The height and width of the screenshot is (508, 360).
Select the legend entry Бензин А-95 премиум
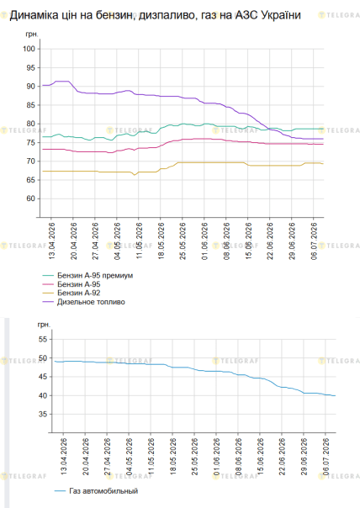[95, 276]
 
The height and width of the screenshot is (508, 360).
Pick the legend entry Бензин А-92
[79, 294]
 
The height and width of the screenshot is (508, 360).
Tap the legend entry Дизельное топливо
[91, 302]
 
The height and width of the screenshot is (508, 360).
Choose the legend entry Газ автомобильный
[103, 491]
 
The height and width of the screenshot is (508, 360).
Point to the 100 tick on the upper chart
[29, 49]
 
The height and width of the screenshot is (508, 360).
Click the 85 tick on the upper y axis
[31, 105]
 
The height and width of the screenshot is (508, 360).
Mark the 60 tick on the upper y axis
[31, 198]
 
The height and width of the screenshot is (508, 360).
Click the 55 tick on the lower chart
[43, 340]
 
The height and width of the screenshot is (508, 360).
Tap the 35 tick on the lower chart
[43, 415]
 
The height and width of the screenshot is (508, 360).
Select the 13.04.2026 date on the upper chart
[52, 241]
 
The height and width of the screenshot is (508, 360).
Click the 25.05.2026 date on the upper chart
[183, 241]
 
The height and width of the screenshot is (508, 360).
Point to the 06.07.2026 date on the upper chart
[315, 241]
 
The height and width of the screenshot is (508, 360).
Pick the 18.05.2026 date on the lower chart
[173, 457]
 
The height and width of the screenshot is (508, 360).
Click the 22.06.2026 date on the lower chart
[283, 457]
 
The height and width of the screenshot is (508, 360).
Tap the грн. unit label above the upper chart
[32, 34]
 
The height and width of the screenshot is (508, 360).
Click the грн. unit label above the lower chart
[44, 325]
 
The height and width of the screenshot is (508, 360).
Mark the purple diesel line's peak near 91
[62, 82]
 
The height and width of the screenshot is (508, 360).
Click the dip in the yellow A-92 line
[135, 175]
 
